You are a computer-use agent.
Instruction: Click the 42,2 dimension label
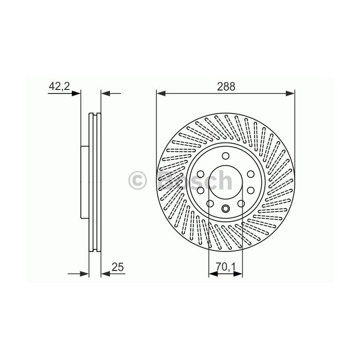59,86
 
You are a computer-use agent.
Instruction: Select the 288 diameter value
226,86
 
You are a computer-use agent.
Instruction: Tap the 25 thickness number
118,267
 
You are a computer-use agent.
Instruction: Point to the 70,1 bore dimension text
226,267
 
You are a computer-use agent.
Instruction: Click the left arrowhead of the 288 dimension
161,94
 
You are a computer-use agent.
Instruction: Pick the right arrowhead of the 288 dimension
290,94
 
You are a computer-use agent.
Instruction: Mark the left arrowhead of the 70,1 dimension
213,274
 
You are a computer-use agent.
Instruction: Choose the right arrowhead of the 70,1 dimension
238,274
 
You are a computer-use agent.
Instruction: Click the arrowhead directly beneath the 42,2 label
76,94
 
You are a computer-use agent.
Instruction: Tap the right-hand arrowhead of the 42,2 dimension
105,94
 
